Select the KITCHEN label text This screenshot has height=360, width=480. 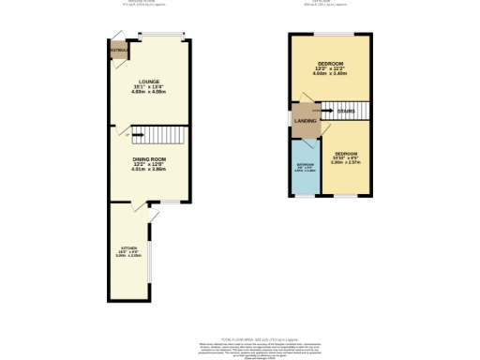coord(128,248)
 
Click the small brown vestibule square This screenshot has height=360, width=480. coord(118,50)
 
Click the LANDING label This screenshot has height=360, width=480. coord(305,121)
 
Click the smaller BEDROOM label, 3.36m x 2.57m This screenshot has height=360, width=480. coord(346,153)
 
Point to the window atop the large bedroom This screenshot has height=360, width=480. coord(330,35)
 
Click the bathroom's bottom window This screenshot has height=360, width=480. coord(306,196)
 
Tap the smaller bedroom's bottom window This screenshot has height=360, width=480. coord(346,196)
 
